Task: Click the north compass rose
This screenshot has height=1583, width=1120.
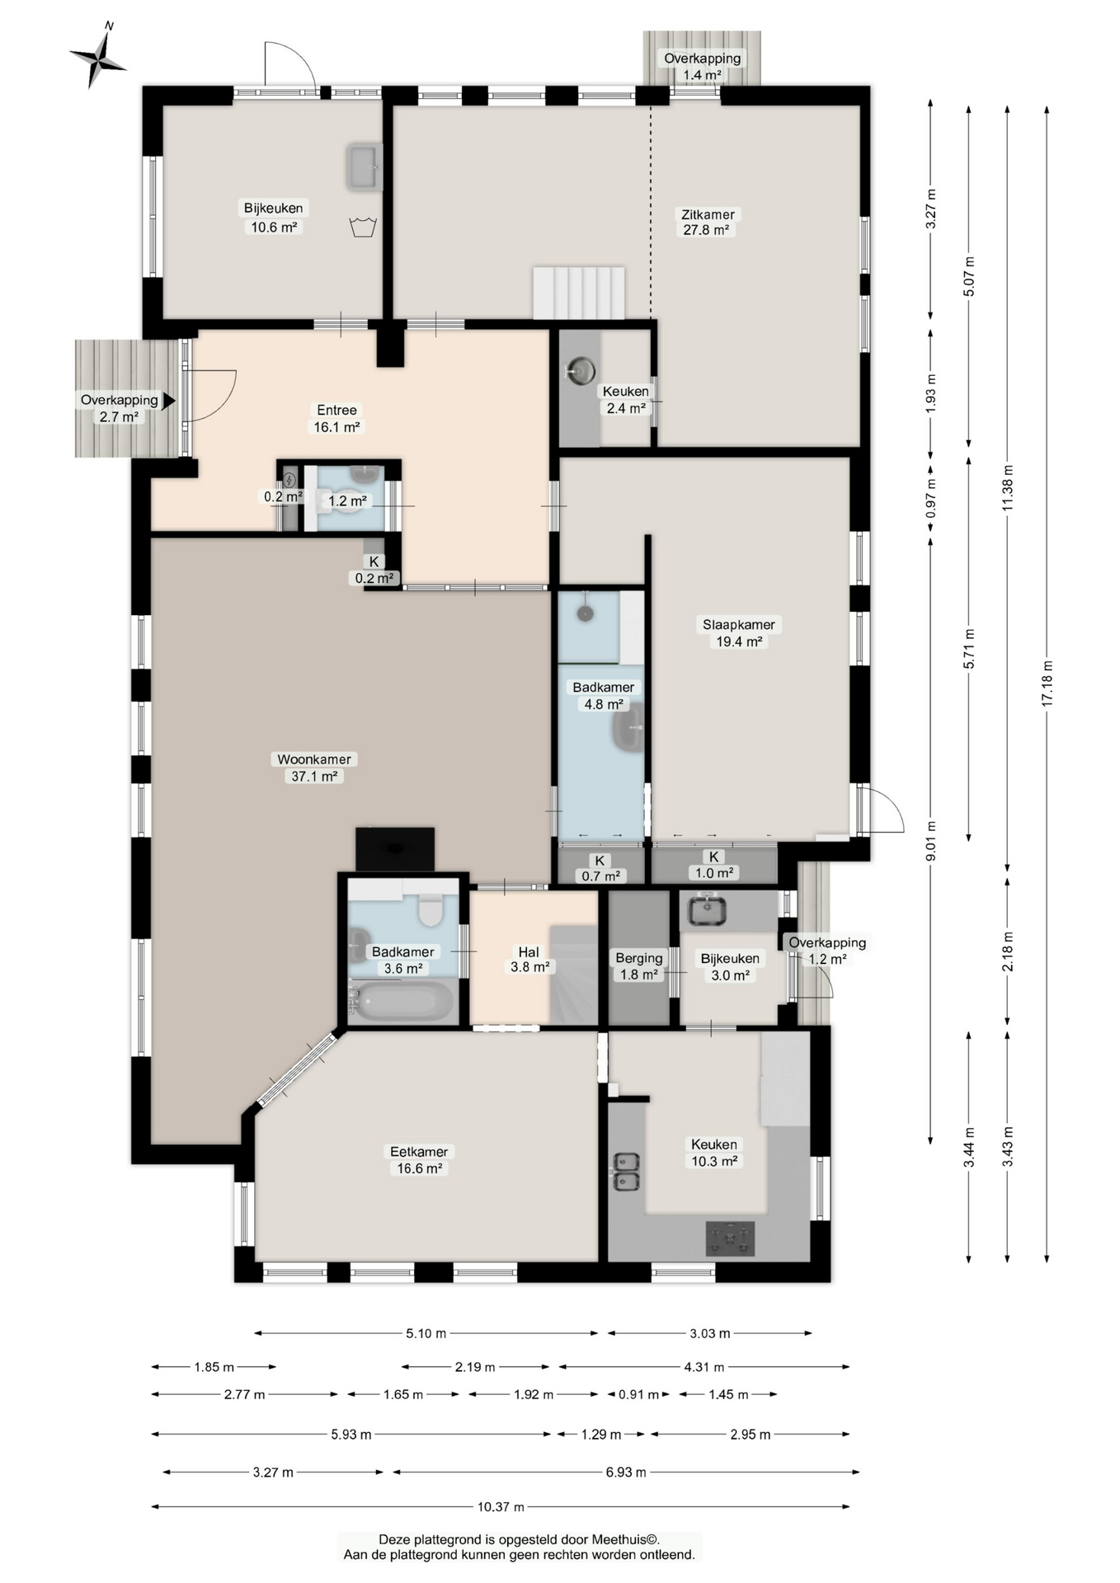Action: pos(98,58)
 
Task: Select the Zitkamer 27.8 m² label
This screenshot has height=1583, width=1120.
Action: pos(708,222)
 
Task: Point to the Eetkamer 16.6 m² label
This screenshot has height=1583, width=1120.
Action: pos(419,1159)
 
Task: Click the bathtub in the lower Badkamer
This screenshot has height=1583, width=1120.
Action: pos(402,1001)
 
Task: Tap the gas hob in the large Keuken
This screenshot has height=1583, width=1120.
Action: pos(730,1238)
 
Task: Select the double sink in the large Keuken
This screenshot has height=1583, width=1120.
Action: pos(626,1172)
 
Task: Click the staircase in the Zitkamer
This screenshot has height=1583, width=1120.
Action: pos(578,292)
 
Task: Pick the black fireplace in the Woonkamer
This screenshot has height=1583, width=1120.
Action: pos(395,848)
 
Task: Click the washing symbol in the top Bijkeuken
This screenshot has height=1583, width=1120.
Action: pos(363,226)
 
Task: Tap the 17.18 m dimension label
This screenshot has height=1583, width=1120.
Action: pos(1047,683)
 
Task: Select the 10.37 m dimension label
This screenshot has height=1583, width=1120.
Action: pos(501,1506)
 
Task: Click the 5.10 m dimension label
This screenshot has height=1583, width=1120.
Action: pos(426,1332)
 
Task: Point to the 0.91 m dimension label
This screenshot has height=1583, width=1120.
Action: pos(639,1394)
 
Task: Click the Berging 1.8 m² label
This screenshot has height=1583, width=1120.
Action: pos(638,965)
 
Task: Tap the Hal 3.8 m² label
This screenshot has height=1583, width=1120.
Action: pos(529,959)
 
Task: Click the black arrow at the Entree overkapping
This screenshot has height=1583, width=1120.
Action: pos(169,401)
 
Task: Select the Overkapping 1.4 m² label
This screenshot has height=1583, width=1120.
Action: pos(702,66)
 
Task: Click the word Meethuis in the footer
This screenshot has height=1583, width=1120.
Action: pos(624,1538)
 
